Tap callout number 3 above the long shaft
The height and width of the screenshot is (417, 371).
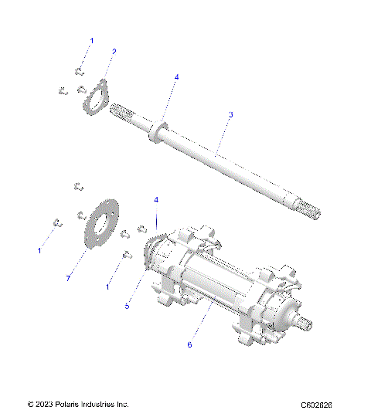pyautogui.click(x=230, y=114)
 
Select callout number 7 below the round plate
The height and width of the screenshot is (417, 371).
pyautogui.click(x=68, y=277)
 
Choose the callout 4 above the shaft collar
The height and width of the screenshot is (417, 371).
pyautogui.click(x=176, y=78)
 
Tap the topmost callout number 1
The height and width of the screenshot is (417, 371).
pyautogui.click(x=90, y=39)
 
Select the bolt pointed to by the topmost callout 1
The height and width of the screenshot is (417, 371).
pyautogui.click(x=79, y=72)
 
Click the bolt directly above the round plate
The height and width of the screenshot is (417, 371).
pyautogui.click(x=77, y=185)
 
